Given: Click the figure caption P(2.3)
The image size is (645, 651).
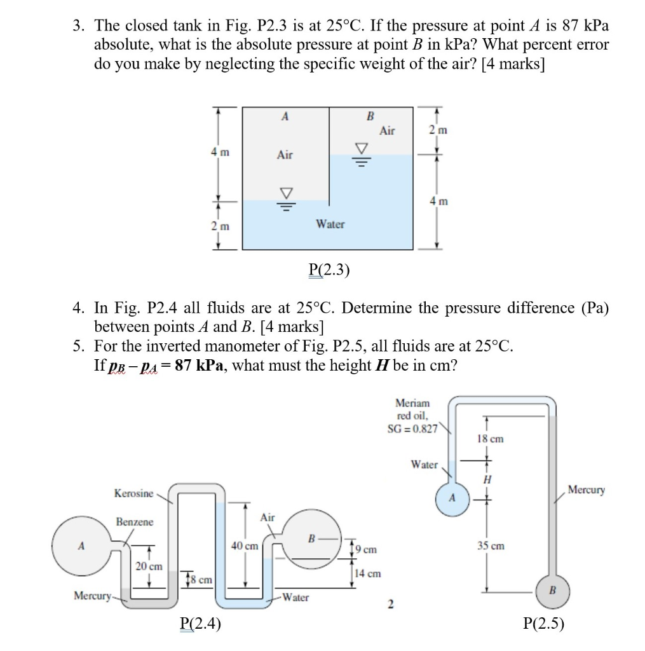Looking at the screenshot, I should click(329, 270).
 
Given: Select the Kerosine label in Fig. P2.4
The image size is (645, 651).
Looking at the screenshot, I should click(133, 493).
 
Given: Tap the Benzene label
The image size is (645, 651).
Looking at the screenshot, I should click(134, 522).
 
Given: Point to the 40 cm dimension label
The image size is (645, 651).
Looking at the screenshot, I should click(245, 546).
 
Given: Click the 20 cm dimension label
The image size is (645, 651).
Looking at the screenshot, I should click(149, 566).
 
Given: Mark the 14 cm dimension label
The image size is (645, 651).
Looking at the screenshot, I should click(368, 573).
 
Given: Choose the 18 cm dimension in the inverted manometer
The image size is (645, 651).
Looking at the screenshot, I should click(489, 439).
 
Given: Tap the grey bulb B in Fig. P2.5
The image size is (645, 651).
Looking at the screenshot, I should click(551, 590).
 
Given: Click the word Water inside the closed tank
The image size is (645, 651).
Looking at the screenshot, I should click(330, 224).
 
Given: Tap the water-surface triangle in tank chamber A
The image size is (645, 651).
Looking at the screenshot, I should click(285, 193).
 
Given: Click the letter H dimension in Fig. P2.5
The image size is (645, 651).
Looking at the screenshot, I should click(487, 482).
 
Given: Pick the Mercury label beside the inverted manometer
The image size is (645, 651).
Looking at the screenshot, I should click(586, 490).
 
